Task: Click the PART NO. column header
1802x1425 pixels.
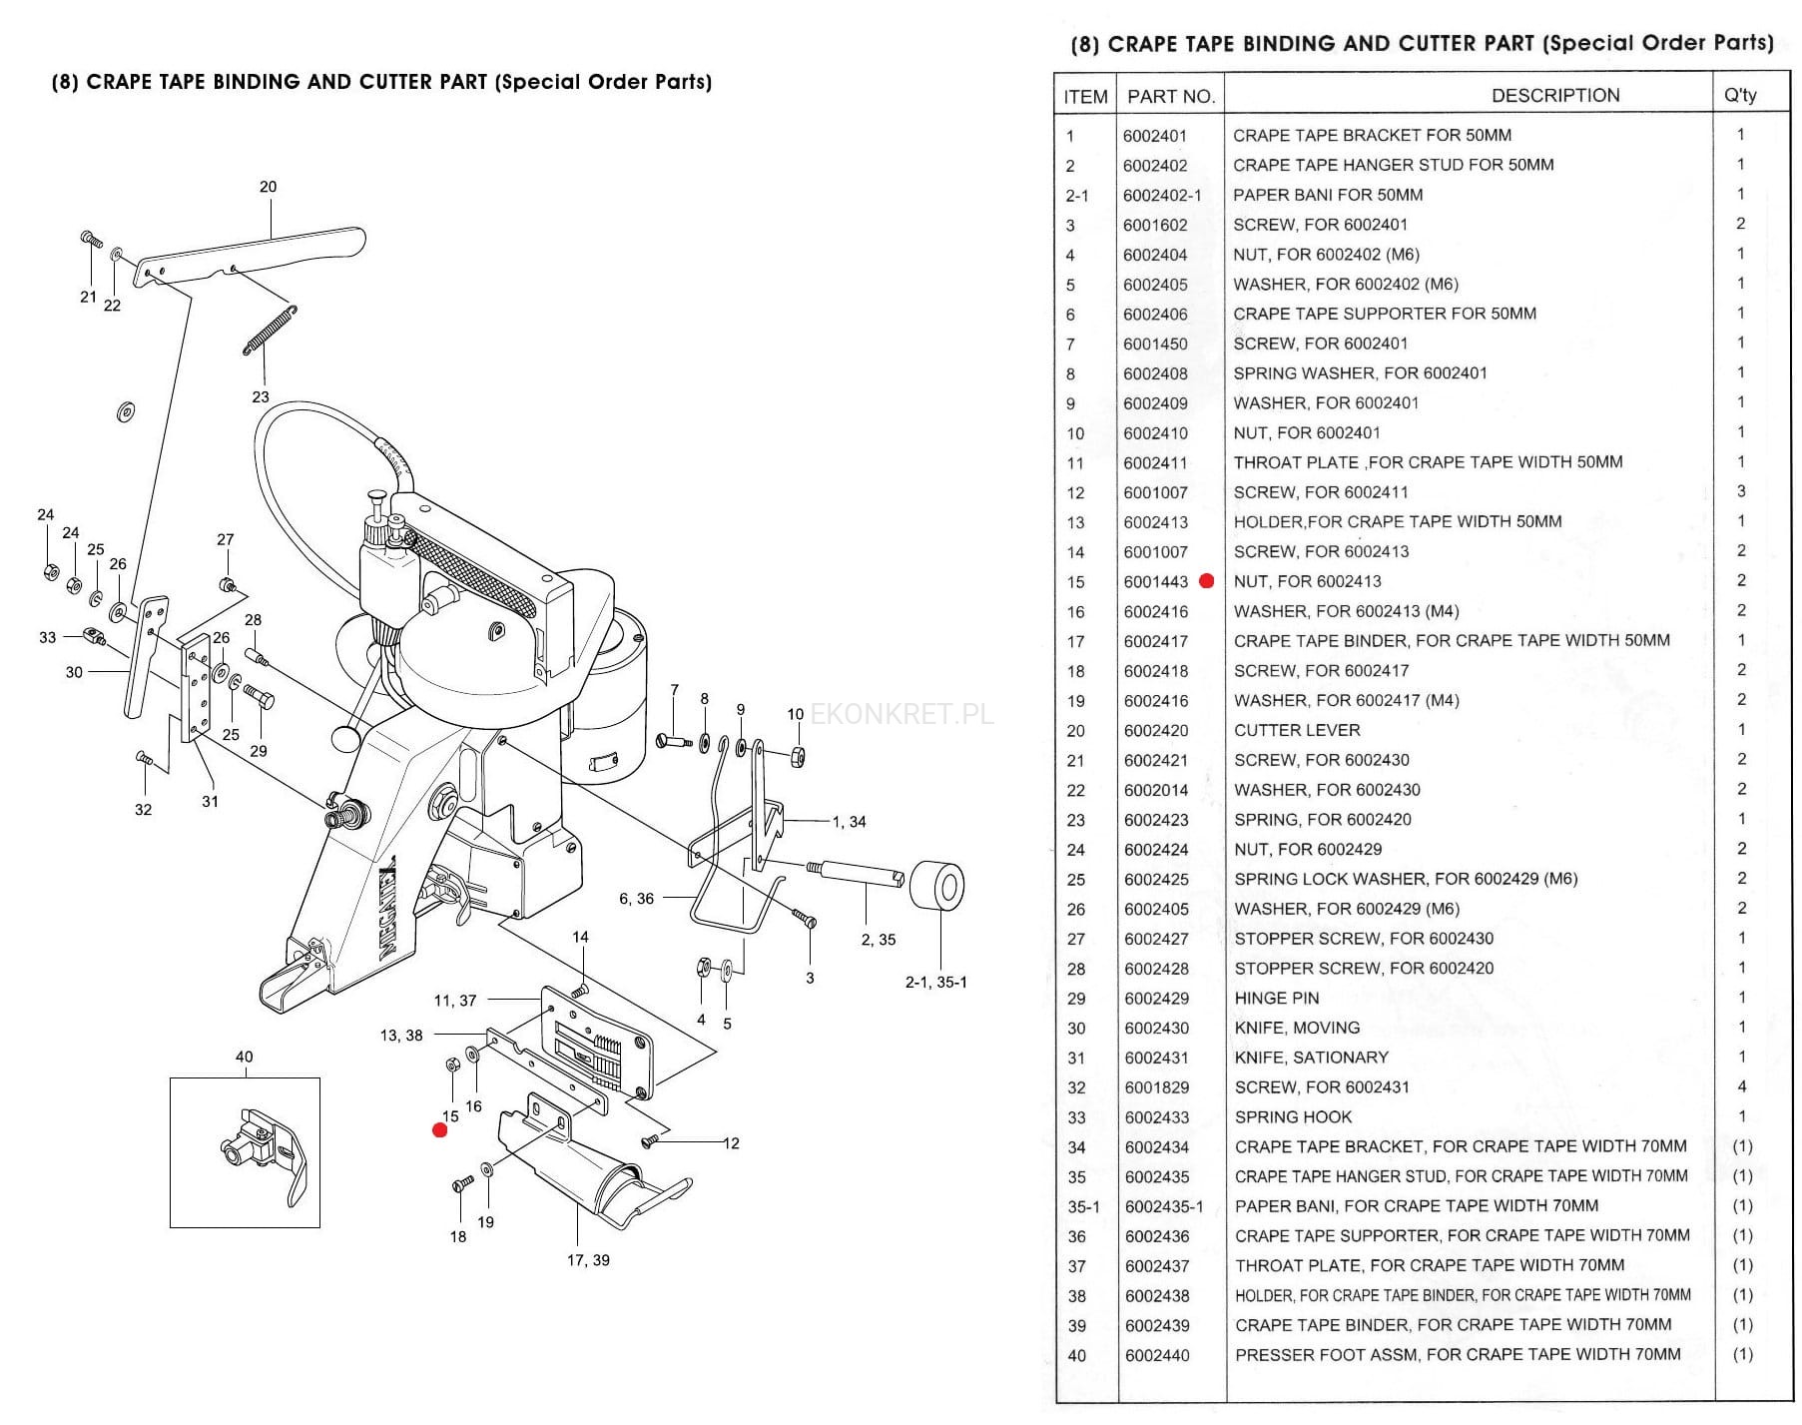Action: pos(1170,97)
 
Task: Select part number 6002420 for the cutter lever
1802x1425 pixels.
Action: pos(1156,731)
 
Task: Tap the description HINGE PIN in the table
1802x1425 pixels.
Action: pos(1276,999)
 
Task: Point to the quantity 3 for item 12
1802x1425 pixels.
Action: pos(1741,491)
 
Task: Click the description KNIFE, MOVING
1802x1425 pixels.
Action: pos(1297,1028)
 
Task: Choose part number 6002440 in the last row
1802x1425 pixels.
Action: pos(1157,1356)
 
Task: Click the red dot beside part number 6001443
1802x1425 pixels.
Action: pos(1206,581)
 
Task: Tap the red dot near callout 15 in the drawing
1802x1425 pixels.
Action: pos(439,1130)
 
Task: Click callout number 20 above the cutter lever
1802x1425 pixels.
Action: pos(268,187)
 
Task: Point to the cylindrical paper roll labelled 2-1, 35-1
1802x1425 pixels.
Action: pos(936,886)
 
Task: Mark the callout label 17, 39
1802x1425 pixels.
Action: pos(588,1260)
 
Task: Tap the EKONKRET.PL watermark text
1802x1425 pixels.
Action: pos(901,714)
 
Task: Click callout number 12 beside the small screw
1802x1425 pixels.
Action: pos(731,1143)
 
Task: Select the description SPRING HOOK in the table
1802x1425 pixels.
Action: pos(1293,1117)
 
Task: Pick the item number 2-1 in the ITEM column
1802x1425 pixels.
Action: pos(1076,196)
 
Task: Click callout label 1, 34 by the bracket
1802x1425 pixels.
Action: pos(849,822)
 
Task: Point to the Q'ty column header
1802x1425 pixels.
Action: pos(1740,96)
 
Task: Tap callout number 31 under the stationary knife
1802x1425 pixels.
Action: pos(210,802)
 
